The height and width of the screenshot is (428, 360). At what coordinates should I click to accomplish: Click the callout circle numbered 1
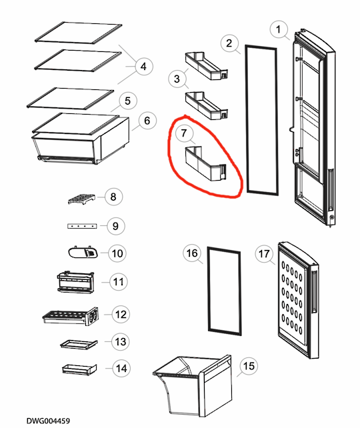coord(279,29)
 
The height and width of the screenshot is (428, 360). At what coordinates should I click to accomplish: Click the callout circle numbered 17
coord(264,253)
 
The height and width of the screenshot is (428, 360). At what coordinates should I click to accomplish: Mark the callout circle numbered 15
coord(249,366)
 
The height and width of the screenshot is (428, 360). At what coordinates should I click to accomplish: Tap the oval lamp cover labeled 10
coord(81,252)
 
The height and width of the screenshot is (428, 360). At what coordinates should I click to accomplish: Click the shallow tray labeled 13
coord(77,343)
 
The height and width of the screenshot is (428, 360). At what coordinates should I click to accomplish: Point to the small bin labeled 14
coord(78,368)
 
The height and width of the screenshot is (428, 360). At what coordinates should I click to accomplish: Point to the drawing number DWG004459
coord(48,421)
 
